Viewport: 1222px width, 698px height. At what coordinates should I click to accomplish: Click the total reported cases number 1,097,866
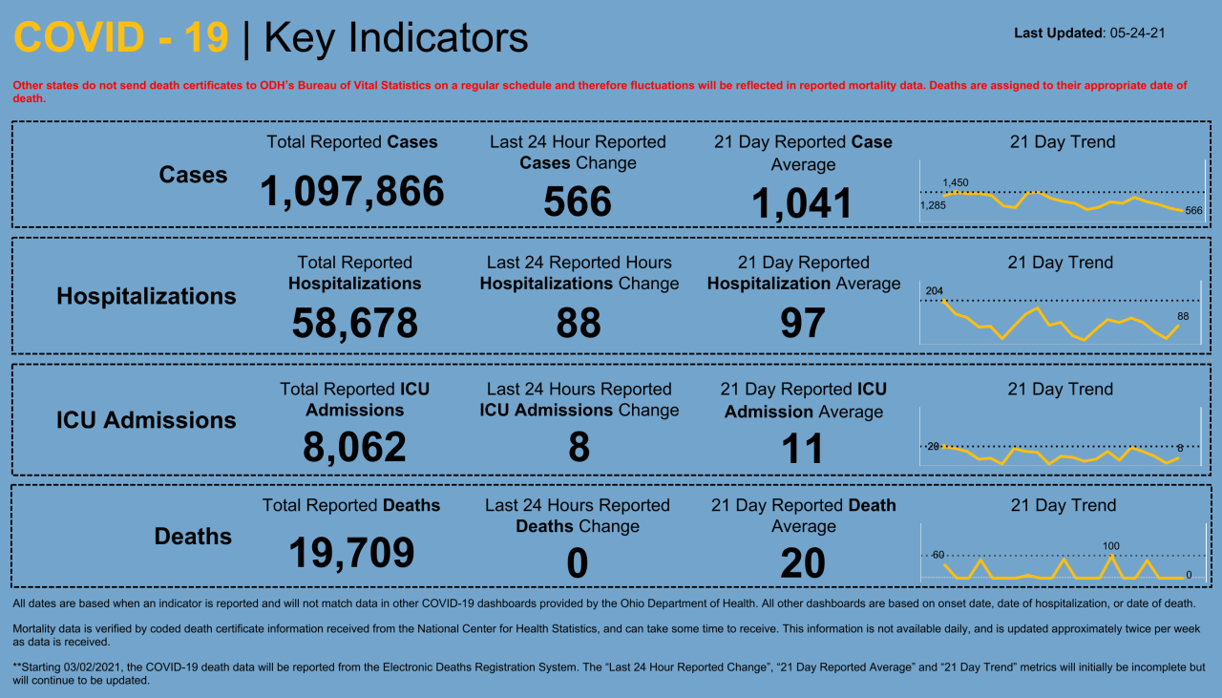352,191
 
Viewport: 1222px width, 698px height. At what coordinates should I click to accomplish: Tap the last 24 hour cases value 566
578,201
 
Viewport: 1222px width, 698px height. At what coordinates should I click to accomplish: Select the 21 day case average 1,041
802,203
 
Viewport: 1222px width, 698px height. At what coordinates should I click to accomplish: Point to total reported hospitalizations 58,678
354,323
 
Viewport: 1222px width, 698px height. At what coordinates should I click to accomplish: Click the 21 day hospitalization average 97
802,323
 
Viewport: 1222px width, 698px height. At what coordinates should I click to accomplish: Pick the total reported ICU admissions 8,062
354,447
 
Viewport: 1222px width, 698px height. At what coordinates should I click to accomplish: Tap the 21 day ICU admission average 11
802,448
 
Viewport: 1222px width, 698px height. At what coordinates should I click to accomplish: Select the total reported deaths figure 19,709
351,552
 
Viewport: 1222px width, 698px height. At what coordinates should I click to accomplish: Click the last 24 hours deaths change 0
577,563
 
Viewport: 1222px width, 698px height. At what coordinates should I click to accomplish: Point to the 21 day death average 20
802,563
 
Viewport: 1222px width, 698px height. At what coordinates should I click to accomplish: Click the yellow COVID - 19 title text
121,38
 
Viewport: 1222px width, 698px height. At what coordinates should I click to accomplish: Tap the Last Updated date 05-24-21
1137,33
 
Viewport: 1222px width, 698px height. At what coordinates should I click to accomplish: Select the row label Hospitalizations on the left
146,296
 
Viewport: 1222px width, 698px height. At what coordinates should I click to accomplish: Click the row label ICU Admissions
146,420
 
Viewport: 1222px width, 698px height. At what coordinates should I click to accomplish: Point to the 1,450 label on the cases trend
955,182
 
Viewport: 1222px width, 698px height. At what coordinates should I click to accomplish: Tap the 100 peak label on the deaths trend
1110,546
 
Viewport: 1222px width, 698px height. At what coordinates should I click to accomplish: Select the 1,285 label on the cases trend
933,205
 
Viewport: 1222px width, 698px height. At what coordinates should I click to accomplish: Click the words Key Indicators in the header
395,38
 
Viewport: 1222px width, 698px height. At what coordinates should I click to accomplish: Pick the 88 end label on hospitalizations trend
1182,316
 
